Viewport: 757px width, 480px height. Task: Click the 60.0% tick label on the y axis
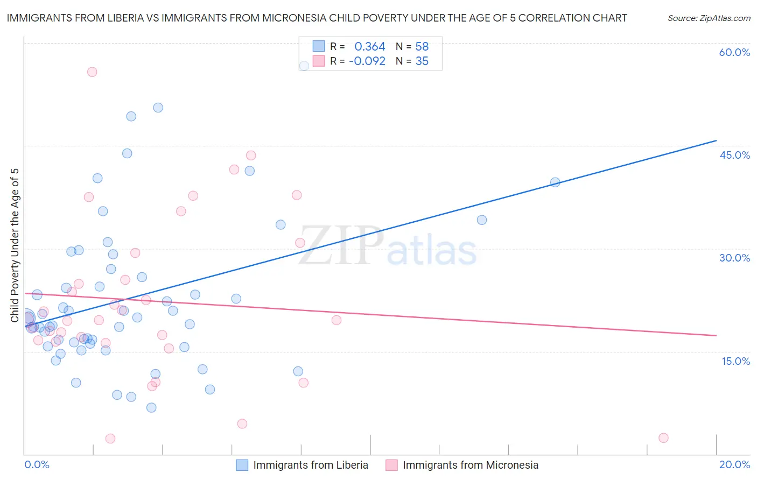pos(734,52)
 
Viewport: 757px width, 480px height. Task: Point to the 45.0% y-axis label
pos(734,155)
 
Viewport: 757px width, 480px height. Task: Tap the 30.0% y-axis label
pos(734,258)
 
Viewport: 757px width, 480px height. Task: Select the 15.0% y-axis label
pos(735,361)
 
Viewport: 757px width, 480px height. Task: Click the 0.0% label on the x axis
pos(37,464)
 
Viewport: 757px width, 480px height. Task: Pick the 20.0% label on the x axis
pos(734,464)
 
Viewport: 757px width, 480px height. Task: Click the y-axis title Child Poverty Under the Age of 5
pos(15,245)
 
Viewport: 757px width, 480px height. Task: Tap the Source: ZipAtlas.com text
pos(709,18)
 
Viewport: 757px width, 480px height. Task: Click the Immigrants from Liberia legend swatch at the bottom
pos(242,465)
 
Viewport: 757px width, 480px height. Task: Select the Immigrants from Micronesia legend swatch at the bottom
pos(391,465)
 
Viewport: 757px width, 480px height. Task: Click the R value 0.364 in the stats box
pos(369,47)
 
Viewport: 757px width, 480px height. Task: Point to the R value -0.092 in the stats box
pos(367,61)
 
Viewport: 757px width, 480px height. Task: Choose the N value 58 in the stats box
pos(422,47)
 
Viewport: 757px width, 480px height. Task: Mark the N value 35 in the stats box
pos(422,61)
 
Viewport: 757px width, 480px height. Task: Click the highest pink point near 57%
pos(92,72)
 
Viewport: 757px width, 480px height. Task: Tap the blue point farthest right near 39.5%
pos(555,182)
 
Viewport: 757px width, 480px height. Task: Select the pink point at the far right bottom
pos(663,438)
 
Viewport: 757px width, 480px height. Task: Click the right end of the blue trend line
pos(716,140)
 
